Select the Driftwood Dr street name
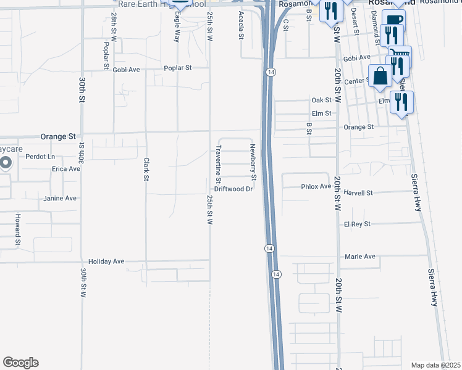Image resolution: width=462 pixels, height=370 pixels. click(x=234, y=189)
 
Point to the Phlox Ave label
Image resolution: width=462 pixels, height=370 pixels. click(x=316, y=186)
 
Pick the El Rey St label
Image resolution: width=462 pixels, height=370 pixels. click(x=358, y=224)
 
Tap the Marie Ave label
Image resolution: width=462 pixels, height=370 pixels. click(x=360, y=257)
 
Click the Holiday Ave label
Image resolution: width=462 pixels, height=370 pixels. click(x=106, y=261)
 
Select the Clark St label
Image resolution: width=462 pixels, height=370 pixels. click(x=147, y=170)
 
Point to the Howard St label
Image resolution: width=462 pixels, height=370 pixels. click(x=19, y=226)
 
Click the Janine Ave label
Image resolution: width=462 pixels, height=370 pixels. click(x=60, y=199)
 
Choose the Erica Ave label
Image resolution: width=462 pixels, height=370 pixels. click(x=66, y=168)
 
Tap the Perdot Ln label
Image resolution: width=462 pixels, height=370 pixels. click(x=40, y=157)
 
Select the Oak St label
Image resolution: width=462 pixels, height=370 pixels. click(x=322, y=100)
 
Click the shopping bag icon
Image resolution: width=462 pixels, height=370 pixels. click(x=380, y=77)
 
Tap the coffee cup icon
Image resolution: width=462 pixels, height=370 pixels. click(x=393, y=19)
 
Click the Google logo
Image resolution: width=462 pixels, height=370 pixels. click(x=20, y=363)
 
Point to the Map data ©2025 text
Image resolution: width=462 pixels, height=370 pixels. click(x=436, y=365)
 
